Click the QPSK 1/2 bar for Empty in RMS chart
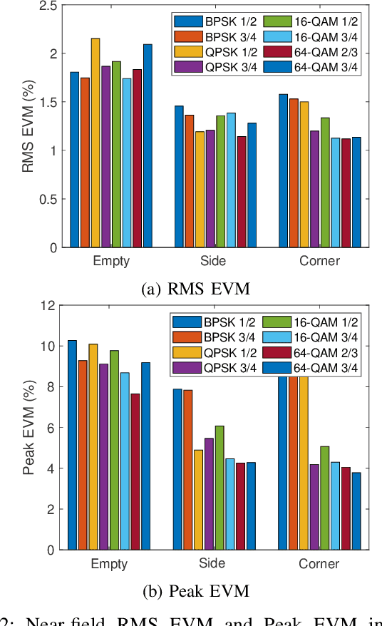[95, 143]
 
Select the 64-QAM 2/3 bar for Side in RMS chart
[242, 192]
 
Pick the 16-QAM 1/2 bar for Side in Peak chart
[220, 488]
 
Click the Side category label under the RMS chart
[210, 261]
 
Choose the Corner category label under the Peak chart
[320, 563]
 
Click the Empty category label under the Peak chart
[110, 563]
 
